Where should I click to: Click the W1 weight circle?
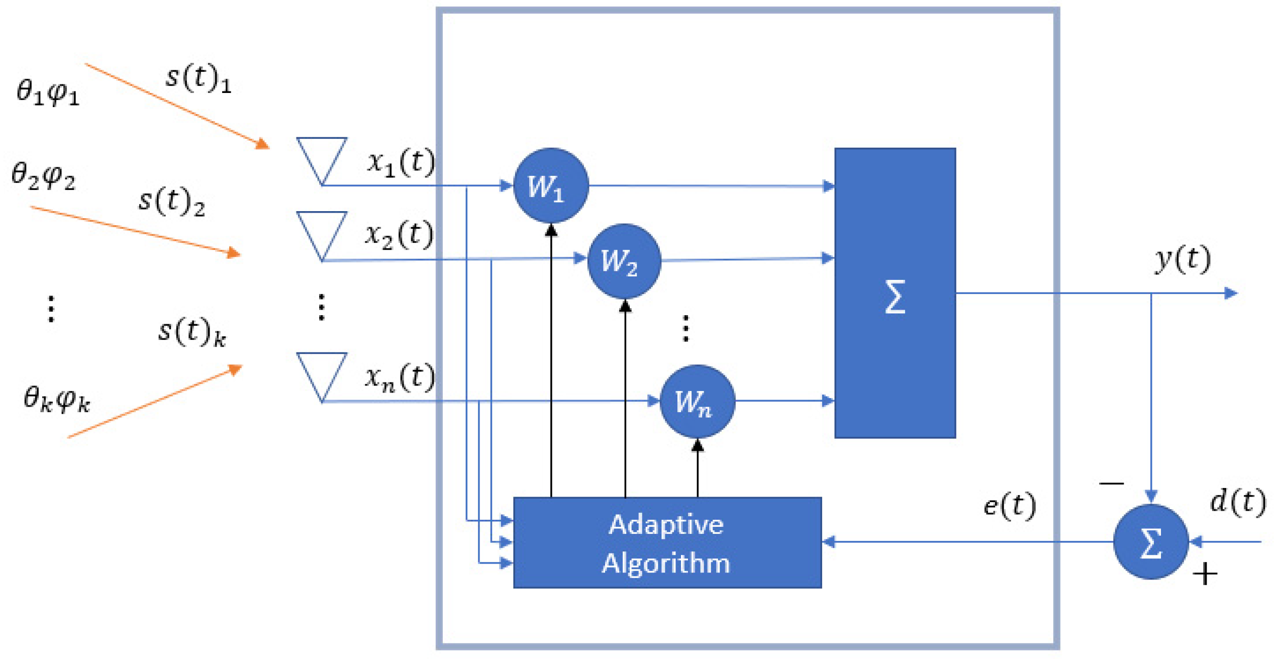point(551,185)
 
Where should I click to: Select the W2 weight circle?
point(624,260)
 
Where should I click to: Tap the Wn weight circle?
point(697,401)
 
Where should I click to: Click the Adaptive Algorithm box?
point(667,543)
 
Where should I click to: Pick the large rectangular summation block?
point(895,293)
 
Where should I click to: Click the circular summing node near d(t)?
point(1151,542)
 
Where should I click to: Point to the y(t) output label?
point(1183,259)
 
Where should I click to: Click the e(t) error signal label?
point(1009,505)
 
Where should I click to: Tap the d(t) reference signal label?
point(1237,502)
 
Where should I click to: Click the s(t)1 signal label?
point(198,79)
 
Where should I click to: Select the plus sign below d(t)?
point(1205,574)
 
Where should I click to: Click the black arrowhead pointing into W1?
point(551,230)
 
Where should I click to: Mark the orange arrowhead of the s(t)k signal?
point(235,370)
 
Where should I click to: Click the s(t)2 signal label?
point(171,202)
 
